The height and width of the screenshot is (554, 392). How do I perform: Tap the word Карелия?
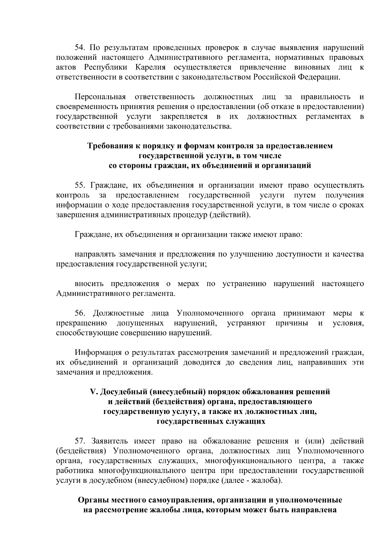150,68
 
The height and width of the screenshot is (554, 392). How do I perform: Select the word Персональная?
100,97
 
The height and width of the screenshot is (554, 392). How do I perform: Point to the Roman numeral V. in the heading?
93,392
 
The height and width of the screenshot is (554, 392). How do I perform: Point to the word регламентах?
328,117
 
